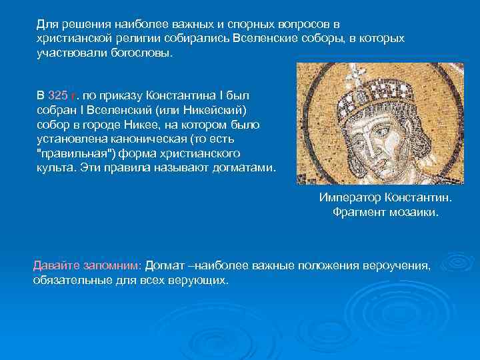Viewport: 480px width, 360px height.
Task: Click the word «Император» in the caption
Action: click(x=348, y=199)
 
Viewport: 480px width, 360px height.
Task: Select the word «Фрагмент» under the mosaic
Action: click(x=359, y=213)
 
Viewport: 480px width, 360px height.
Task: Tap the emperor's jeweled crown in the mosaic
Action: click(x=375, y=91)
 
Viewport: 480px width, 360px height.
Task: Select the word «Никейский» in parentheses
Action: click(x=219, y=110)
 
